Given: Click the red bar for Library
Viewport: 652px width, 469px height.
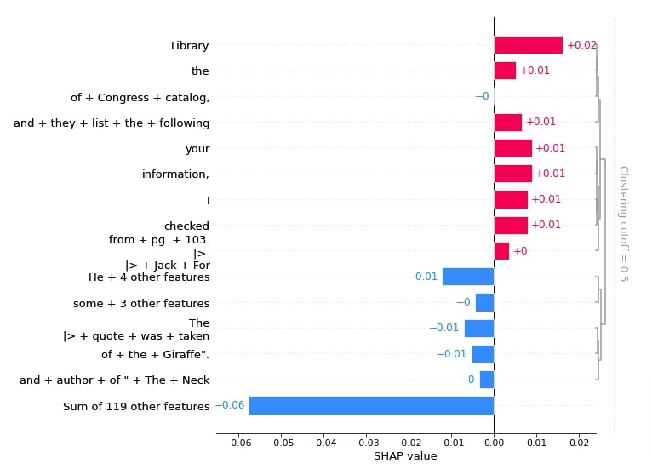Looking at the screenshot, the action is (528, 45).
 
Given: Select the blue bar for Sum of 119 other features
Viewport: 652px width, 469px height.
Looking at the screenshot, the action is (371, 405).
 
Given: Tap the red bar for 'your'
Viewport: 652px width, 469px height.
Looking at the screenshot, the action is (512, 148).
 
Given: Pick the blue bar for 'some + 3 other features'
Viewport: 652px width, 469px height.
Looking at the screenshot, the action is (485, 303).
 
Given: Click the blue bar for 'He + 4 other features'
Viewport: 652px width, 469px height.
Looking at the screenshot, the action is (468, 277).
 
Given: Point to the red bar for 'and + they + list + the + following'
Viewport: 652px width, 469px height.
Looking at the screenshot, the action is (507, 123).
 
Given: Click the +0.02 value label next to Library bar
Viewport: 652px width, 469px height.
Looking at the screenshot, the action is (581, 45).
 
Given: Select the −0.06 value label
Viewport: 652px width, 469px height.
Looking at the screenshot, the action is (230, 405).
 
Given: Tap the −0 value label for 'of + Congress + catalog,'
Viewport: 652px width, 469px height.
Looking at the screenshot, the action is (482, 96).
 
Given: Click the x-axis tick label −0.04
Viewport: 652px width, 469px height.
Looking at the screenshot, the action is (323, 443).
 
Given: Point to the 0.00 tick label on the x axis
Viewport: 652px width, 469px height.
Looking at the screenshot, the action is (494, 443).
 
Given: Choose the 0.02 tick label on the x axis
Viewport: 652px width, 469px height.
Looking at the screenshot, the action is (579, 443).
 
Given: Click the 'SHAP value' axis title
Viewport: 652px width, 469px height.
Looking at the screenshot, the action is (405, 456).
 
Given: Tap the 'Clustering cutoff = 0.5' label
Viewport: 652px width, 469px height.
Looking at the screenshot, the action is (624, 224).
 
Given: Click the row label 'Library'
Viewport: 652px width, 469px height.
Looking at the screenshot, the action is (190, 45).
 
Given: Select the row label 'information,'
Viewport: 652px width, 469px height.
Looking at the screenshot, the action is (175, 174).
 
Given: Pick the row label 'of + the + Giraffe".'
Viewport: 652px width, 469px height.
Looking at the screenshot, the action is (155, 354).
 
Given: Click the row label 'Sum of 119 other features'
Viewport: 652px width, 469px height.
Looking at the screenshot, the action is (136, 406).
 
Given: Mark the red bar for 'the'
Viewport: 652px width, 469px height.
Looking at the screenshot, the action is (505, 71).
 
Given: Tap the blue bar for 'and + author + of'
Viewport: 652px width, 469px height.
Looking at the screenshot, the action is (487, 380).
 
